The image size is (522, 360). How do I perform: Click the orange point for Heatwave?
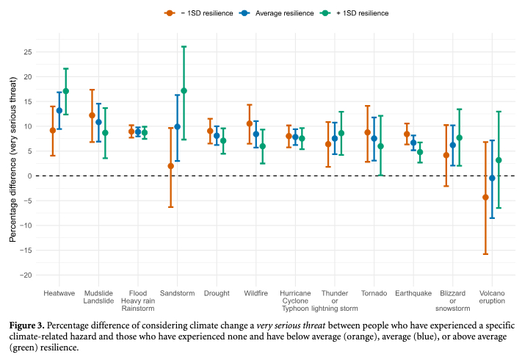coord(53,130)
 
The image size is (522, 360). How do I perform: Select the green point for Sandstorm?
coord(184,90)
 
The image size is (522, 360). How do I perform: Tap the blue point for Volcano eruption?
coord(492,179)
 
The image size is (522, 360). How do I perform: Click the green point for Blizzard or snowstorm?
coord(460,137)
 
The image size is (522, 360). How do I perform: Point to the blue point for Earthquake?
coord(413,143)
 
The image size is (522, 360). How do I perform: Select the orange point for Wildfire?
coord(250,123)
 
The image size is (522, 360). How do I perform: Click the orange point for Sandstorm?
coord(171,166)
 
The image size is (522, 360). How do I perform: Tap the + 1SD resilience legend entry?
coord(359,13)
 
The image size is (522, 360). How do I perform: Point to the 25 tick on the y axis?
coord(27,52)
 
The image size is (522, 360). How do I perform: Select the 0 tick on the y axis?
coord(29,176)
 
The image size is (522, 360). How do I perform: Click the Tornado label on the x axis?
coord(374,292)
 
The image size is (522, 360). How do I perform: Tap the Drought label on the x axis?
coord(217,292)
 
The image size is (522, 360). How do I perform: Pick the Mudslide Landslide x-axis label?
coord(98,296)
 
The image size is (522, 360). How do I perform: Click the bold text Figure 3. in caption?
coord(30,325)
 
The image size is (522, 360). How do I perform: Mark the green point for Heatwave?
coord(66,91)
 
